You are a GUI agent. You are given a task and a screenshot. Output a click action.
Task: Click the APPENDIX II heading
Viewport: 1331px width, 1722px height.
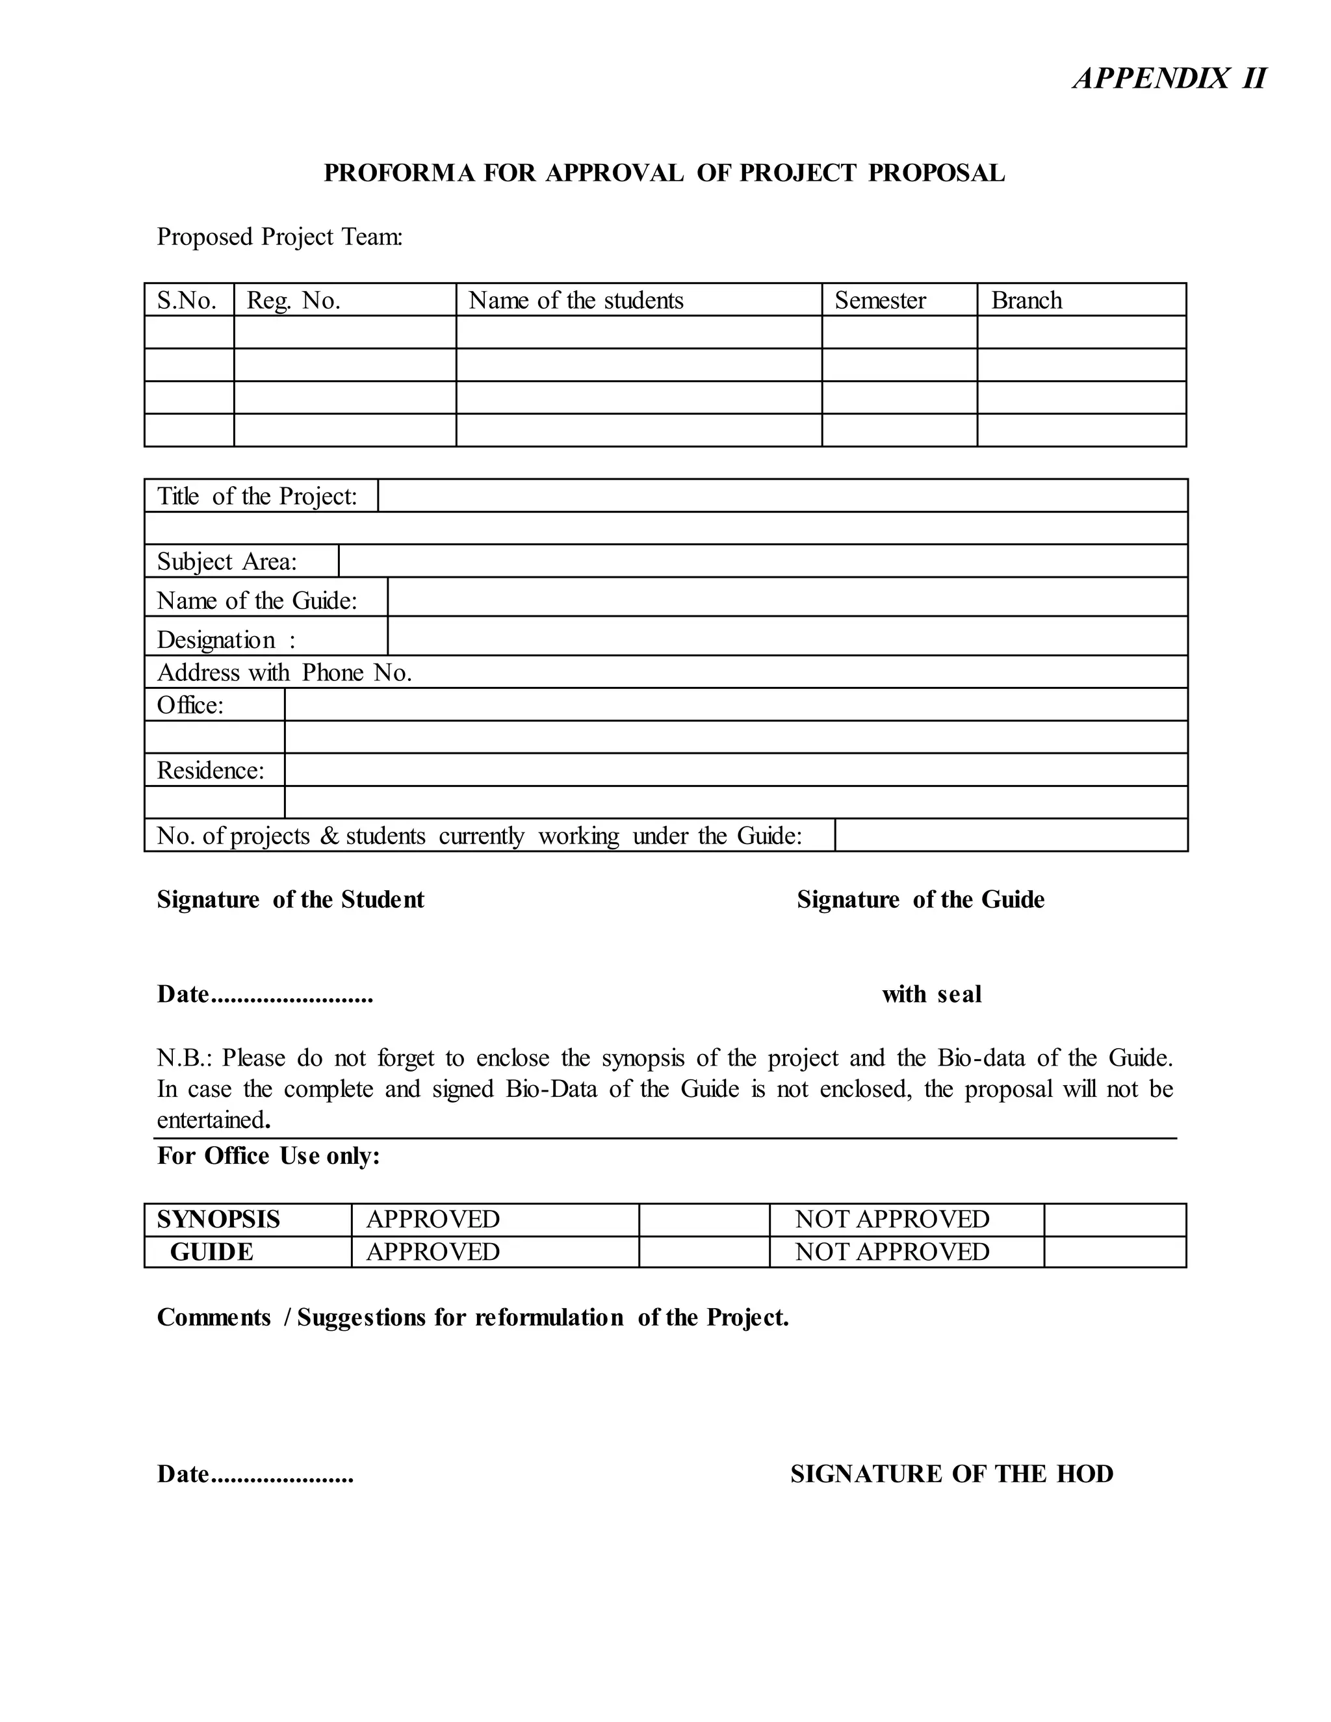click(x=1169, y=79)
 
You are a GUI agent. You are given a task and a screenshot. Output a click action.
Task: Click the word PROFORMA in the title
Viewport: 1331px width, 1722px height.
click(x=399, y=173)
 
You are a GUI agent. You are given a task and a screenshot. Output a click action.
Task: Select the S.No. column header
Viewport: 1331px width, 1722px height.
click(x=187, y=300)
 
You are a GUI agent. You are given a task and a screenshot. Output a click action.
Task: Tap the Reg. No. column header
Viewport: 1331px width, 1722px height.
click(x=293, y=300)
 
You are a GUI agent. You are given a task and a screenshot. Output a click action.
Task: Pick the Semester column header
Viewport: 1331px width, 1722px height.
click(x=880, y=300)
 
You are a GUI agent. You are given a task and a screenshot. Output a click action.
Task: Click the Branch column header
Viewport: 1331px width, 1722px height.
click(x=1026, y=300)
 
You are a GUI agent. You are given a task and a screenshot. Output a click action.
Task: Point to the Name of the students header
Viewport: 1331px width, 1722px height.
click(x=576, y=300)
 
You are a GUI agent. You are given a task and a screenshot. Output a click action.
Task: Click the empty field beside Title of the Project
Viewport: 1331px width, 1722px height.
click(x=782, y=496)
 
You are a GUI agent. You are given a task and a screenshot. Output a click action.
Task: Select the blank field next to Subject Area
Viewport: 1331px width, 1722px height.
click(x=762, y=561)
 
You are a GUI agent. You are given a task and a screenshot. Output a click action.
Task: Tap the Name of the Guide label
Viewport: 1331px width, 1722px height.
click(x=257, y=601)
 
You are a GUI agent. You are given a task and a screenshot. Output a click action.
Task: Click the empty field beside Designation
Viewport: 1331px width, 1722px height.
click(x=787, y=636)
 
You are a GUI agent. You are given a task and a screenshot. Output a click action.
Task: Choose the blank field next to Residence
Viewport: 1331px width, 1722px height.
click(x=735, y=770)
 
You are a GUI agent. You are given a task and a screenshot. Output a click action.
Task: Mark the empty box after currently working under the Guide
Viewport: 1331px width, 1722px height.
click(x=1010, y=836)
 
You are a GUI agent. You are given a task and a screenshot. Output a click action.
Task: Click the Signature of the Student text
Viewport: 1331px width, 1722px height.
click(x=290, y=899)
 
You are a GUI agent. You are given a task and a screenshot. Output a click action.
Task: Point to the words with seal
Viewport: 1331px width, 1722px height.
click(x=931, y=994)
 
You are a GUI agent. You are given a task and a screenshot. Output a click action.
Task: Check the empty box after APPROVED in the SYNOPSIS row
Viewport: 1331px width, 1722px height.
click(x=703, y=1220)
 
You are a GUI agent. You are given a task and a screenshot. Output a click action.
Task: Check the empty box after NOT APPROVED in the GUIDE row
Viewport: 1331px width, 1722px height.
click(x=1114, y=1252)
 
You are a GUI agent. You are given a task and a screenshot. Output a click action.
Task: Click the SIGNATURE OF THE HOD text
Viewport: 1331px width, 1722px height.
click(x=951, y=1474)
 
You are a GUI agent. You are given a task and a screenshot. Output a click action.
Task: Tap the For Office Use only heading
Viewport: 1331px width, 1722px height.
click(x=268, y=1156)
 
